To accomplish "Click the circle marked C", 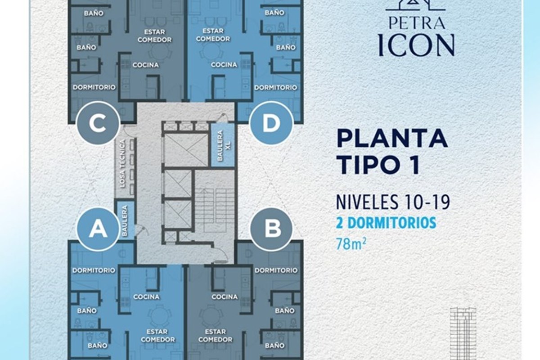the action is [98, 123].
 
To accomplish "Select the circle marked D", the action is [271, 123].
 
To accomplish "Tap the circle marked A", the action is [99, 229].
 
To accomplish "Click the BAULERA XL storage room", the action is [223, 145].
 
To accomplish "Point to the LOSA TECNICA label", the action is [123, 164].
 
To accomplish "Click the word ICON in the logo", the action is [416, 45].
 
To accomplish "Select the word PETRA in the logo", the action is [417, 22].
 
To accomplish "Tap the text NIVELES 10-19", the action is [393, 202].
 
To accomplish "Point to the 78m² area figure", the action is [351, 244].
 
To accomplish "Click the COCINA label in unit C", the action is [146, 65].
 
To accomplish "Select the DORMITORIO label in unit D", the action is [276, 87].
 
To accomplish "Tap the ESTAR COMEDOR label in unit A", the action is [157, 336].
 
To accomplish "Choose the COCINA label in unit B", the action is [225, 297].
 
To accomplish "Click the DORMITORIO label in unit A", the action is [94, 270].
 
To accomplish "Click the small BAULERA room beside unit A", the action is [126, 220].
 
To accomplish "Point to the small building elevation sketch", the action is [463, 334].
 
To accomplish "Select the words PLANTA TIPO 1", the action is [392, 152].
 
